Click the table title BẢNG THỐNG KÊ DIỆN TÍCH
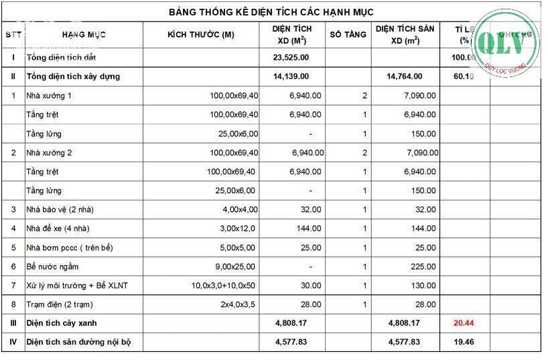(x=271, y=12)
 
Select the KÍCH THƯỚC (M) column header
(x=200, y=35)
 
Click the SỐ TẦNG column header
(x=348, y=35)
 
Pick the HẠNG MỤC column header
(x=84, y=35)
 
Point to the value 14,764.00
(x=405, y=76)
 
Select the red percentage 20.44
(x=464, y=323)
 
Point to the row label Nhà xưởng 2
(x=49, y=153)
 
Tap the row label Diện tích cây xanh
(x=64, y=323)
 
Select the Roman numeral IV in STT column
(x=13, y=342)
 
